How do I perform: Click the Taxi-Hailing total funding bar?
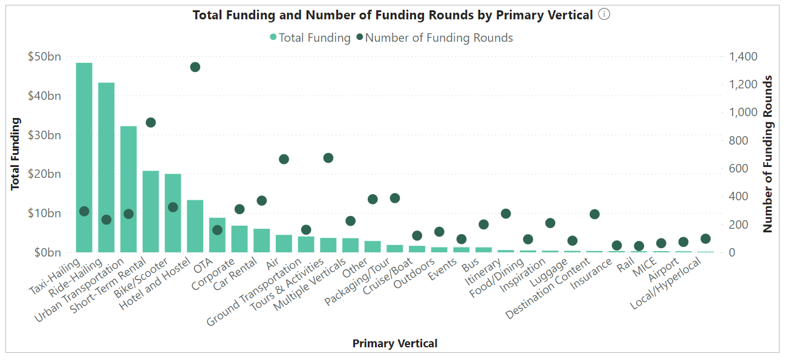pyautogui.click(x=84, y=157)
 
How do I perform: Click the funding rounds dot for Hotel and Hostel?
pyautogui.click(x=195, y=67)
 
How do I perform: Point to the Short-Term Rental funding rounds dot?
pyautogui.click(x=151, y=123)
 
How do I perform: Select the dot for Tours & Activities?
pyautogui.click(x=328, y=158)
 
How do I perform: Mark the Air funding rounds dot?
pyautogui.click(x=284, y=159)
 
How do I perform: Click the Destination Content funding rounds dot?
pyautogui.click(x=594, y=214)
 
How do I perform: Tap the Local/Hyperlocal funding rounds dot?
pyautogui.click(x=705, y=238)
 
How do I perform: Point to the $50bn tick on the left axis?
pyautogui.click(x=45, y=57)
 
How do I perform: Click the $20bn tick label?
pyautogui.click(x=45, y=174)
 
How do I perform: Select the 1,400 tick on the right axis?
pyautogui.click(x=743, y=57)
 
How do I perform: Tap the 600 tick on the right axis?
pyautogui.click(x=738, y=169)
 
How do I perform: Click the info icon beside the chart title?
pyautogui.click(x=604, y=15)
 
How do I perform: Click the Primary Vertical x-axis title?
pyautogui.click(x=394, y=344)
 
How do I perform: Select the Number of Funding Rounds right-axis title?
pyautogui.click(x=769, y=154)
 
